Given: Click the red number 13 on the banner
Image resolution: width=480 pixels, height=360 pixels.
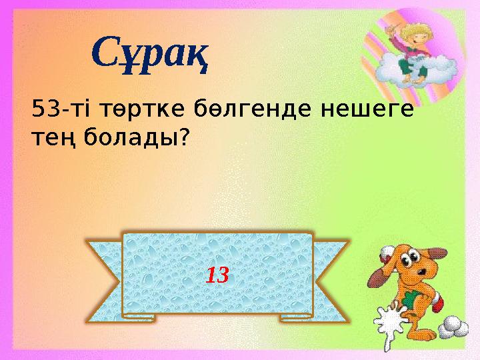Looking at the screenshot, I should click(217, 273).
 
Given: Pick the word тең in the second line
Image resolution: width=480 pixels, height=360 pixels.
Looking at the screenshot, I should click(54, 139).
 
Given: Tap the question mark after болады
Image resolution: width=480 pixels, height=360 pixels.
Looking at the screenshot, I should click(183, 137).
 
